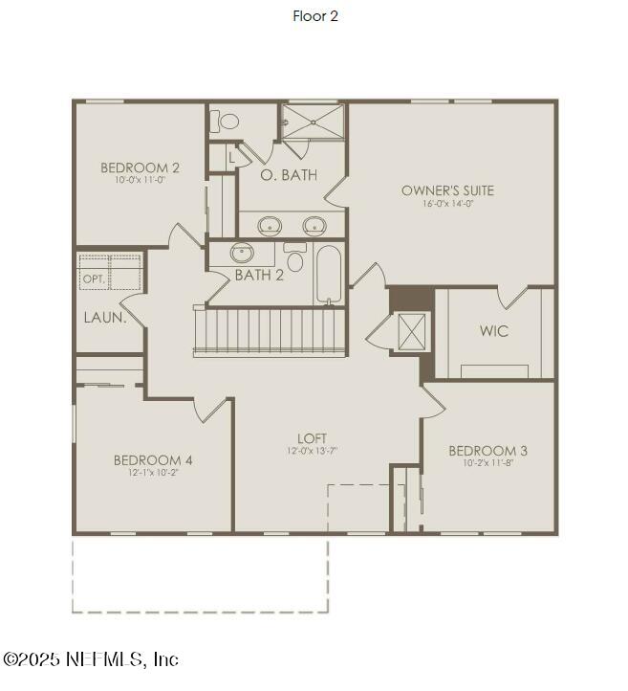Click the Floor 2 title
pos(315,15)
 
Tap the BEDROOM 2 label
pos(141,168)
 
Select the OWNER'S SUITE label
pos(447,190)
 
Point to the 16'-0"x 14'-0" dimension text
pos(447,204)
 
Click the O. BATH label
pos(289,175)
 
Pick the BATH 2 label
pos(259,276)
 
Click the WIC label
pos(494,331)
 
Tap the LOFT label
pos(313,438)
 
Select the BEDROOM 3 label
pos(487,451)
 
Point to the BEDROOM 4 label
pos(153,460)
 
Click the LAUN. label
pos(104,318)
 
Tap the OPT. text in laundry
pos(94,279)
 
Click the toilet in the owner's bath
pos(228,122)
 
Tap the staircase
pos(269,331)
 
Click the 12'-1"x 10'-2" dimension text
pos(153,473)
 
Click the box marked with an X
pos(413,332)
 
